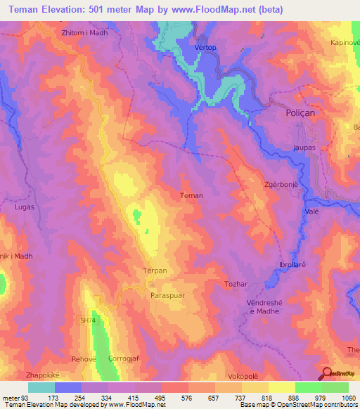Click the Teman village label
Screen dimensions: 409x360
coord(191,196)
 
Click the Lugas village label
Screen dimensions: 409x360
coord(25,207)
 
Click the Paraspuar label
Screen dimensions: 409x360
coord(167,296)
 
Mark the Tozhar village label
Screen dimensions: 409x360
coord(236,283)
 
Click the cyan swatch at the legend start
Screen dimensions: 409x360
coord(41,387)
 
